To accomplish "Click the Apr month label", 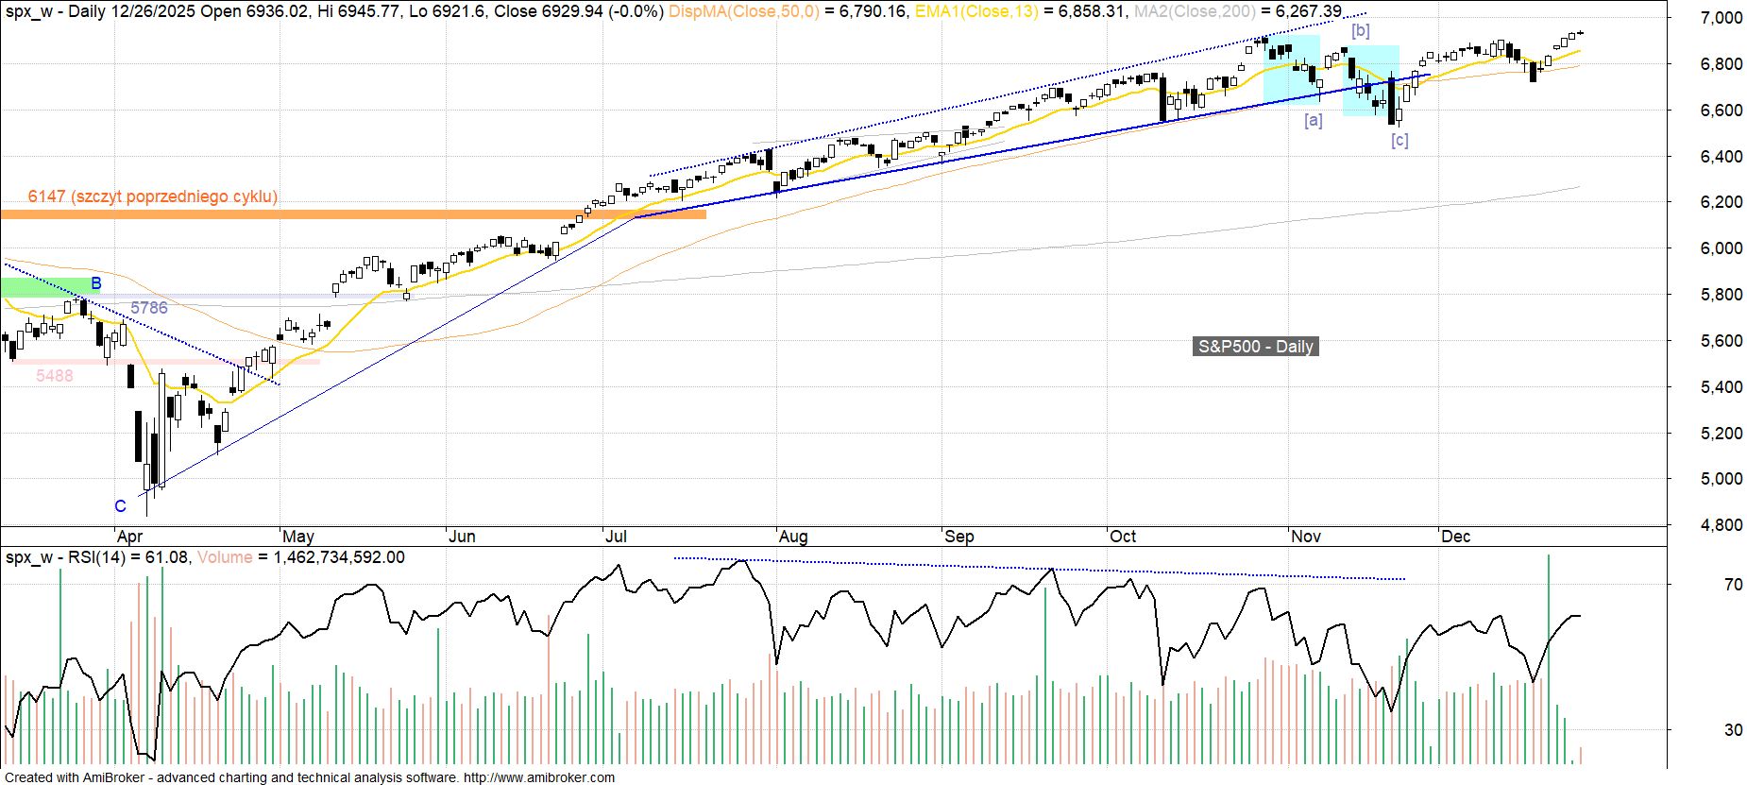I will click(129, 537).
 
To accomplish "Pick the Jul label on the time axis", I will click(616, 537).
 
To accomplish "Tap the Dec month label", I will click(1455, 537).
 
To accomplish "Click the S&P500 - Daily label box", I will click(1255, 347).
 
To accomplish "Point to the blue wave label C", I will click(120, 506).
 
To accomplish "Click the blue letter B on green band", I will click(96, 283).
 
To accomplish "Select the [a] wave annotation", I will click(1313, 120).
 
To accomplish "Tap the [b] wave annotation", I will click(1360, 30).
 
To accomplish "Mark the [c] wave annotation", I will click(1399, 140).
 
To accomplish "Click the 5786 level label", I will click(149, 308).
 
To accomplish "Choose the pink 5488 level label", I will click(55, 376).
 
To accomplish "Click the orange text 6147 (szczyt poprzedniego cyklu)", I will click(153, 196).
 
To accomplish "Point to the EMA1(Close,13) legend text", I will click(976, 11).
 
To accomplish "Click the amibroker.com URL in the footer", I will click(538, 777).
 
